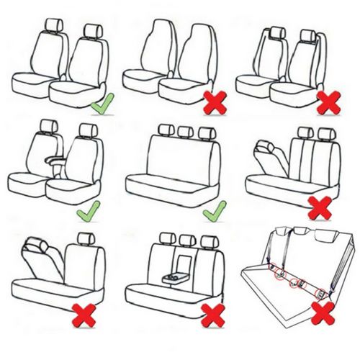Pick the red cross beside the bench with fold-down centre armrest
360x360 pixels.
click(x=214, y=314)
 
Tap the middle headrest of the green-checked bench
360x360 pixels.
click(x=186, y=132)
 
